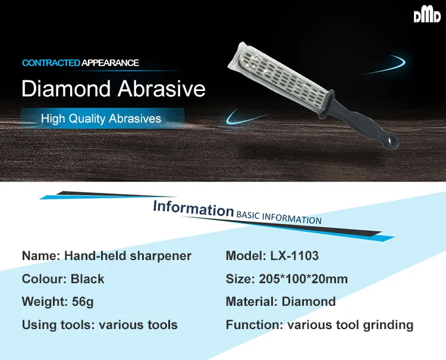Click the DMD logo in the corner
[x=427, y=16]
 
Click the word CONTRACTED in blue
[x=51, y=63]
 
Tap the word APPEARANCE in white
[x=110, y=63]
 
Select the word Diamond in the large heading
[x=66, y=89]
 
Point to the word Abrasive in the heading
[x=162, y=89]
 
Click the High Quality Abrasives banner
[x=102, y=118]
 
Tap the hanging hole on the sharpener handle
[x=392, y=140]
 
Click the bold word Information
[x=193, y=209]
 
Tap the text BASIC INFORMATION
[x=279, y=218]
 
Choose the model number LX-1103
[x=294, y=255]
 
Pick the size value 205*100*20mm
[x=303, y=279]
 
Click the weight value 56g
[x=83, y=302]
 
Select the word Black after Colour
[x=87, y=279]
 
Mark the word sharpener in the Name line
[x=161, y=256]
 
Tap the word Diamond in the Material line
[x=309, y=302]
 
